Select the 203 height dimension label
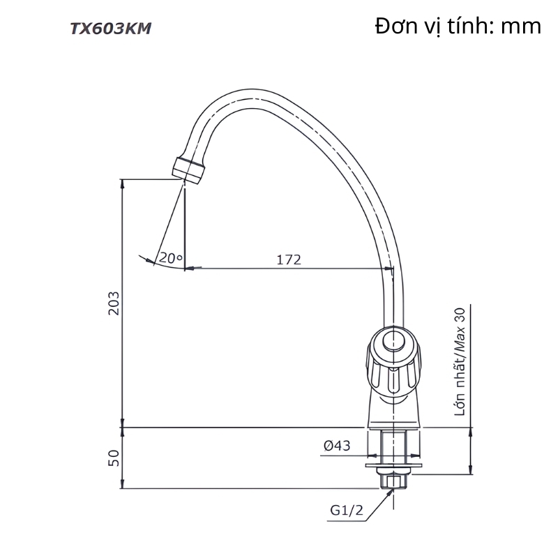click(x=114, y=303)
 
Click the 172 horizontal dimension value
click(x=288, y=260)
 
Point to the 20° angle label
click(x=169, y=257)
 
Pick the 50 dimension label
click(x=114, y=458)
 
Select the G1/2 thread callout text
click(x=347, y=512)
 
